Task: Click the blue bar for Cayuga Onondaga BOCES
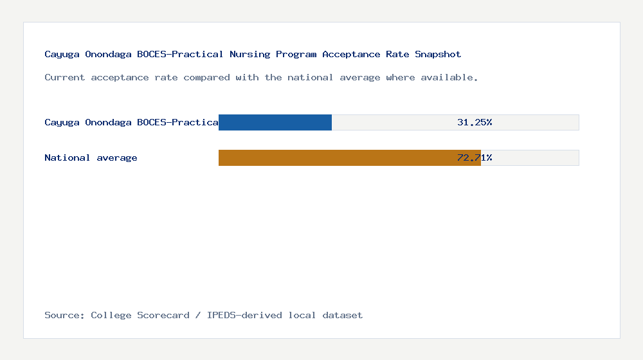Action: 275,122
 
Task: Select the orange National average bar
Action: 349,157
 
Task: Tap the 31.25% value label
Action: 475,122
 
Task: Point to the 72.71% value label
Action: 475,157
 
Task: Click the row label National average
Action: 91,157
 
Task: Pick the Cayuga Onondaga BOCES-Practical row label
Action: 131,122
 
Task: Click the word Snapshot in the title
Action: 438,54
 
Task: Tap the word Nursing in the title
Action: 249,54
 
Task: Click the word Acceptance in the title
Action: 351,54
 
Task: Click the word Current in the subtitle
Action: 65,77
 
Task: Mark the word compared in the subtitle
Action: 204,77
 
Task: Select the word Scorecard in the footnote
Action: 163,315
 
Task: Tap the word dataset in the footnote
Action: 343,315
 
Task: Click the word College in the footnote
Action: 111,315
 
